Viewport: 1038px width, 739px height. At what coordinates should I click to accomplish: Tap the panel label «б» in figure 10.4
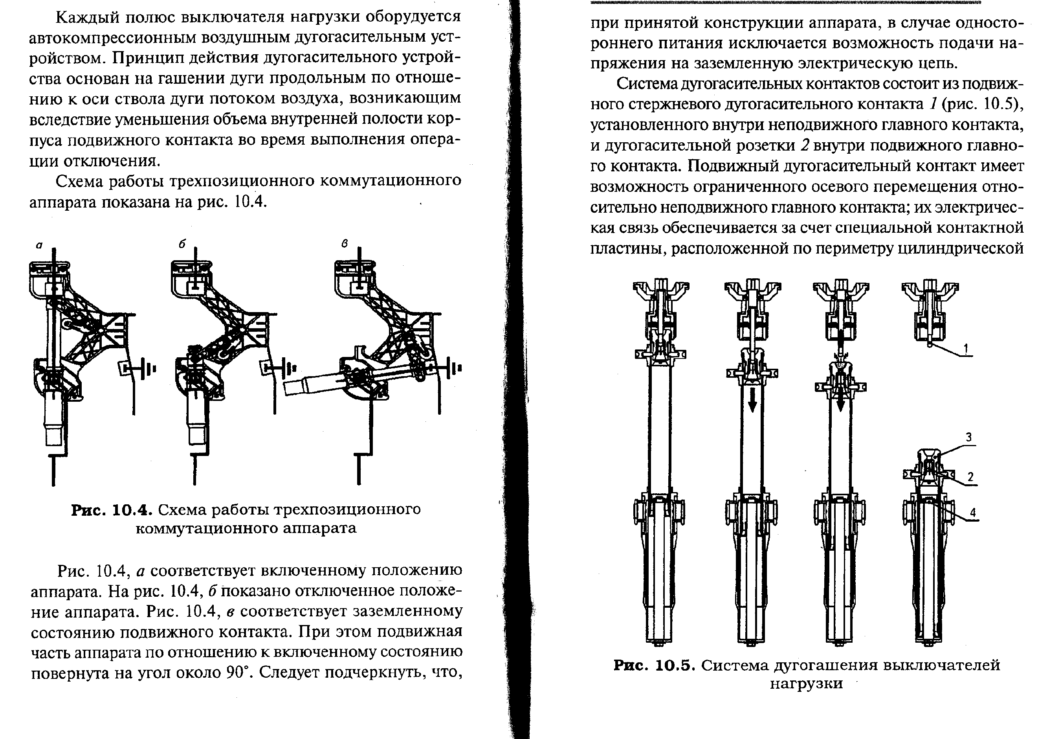tap(182, 244)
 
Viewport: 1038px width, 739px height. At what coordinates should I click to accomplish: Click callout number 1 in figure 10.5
tap(966, 349)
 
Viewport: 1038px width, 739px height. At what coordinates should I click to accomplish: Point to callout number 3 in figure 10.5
tap(968, 437)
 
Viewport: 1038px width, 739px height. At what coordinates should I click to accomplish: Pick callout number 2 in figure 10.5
tap(970, 477)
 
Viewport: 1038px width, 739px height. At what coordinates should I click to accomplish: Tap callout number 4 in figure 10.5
tap(972, 512)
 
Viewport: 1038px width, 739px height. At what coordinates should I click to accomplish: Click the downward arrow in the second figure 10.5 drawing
tap(753, 400)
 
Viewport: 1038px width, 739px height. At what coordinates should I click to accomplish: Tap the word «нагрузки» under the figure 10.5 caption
tap(806, 684)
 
